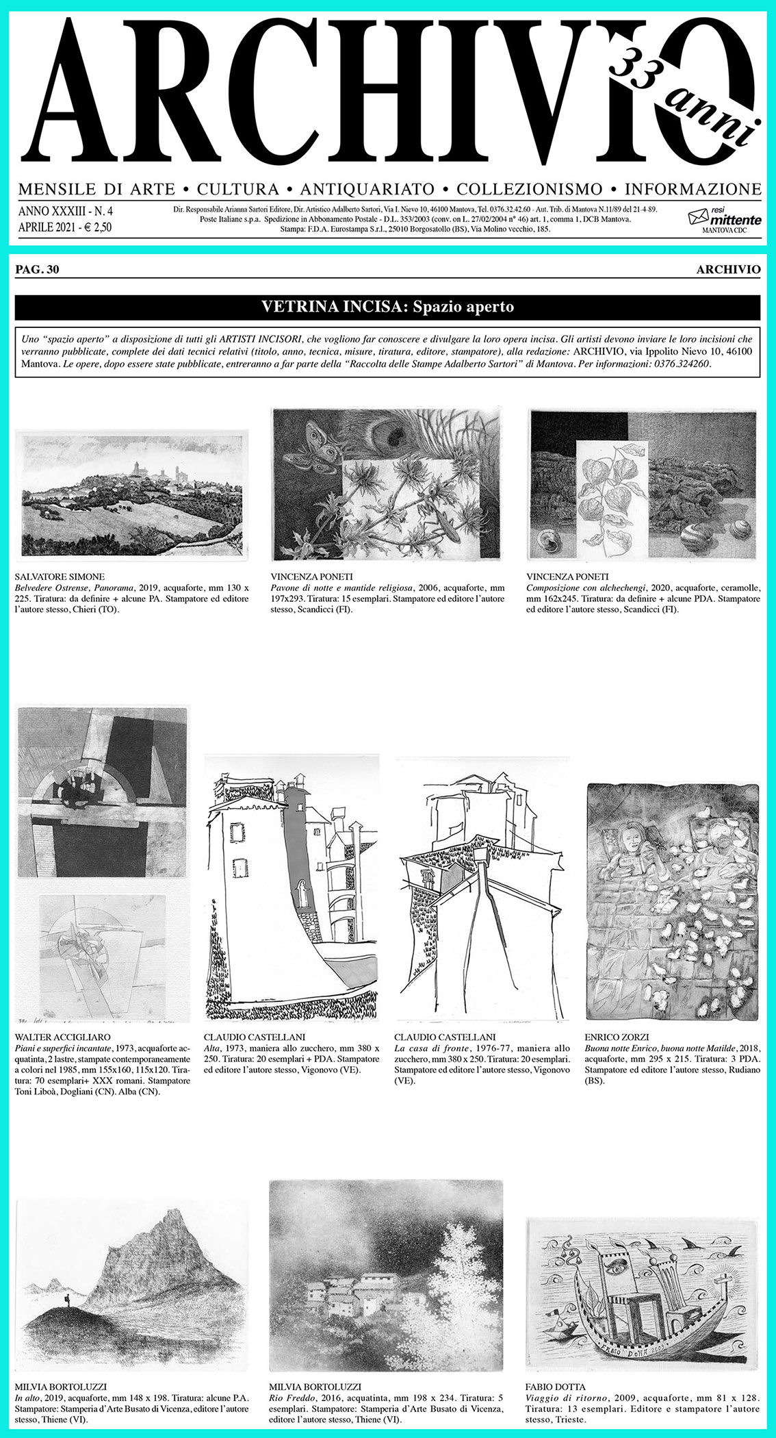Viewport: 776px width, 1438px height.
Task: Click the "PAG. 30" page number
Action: coord(37,270)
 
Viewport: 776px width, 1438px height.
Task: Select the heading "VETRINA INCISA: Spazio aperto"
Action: coord(387,307)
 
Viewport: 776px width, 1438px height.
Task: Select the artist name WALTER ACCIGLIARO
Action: coord(62,1037)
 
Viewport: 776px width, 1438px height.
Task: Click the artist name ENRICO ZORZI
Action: coord(617,1037)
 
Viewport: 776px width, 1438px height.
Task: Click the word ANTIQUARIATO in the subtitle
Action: coord(367,189)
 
